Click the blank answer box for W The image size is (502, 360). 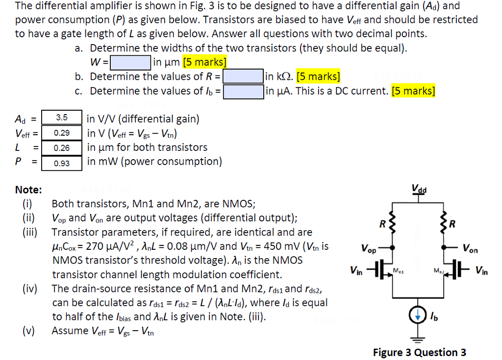[130, 63]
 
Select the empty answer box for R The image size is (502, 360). [243, 77]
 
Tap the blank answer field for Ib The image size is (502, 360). [243, 91]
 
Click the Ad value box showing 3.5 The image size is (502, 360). [61, 118]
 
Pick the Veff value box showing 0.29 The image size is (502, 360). [61, 133]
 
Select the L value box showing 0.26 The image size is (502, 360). [61, 147]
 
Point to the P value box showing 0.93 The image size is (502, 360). [61, 162]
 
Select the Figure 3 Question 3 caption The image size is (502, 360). [419, 352]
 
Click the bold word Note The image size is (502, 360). [28, 190]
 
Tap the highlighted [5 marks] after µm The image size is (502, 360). [204, 62]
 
